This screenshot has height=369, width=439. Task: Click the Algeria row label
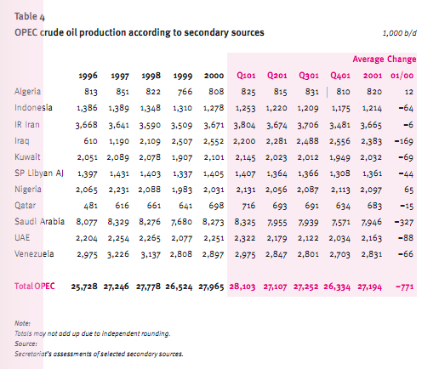[x=27, y=92]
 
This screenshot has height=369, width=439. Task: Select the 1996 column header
[x=88, y=76]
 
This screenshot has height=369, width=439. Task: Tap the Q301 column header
[x=309, y=76]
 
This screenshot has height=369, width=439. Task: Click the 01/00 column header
[x=402, y=76]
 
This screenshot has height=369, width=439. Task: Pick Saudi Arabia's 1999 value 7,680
[x=181, y=222]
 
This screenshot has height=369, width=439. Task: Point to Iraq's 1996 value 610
[x=90, y=141]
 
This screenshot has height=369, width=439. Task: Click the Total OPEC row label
[x=35, y=287]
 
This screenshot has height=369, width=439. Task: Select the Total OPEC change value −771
[x=405, y=287]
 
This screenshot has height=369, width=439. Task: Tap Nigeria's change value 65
[x=408, y=190]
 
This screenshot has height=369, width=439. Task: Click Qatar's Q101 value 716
[x=248, y=206]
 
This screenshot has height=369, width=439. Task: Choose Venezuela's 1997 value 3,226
[x=118, y=254]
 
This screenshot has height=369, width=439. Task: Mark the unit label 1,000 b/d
[x=400, y=33]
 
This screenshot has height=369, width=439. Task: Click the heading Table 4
[x=30, y=17]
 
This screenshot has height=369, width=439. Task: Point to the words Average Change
[x=385, y=60]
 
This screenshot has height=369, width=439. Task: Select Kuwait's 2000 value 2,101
[x=214, y=157]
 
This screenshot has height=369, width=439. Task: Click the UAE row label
[x=22, y=237]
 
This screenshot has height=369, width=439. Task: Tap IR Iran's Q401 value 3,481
[x=339, y=125]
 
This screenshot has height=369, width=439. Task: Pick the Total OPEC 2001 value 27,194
[x=369, y=287]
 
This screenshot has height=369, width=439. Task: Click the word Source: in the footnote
[x=26, y=343]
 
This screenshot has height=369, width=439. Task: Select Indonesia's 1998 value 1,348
[x=151, y=108]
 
